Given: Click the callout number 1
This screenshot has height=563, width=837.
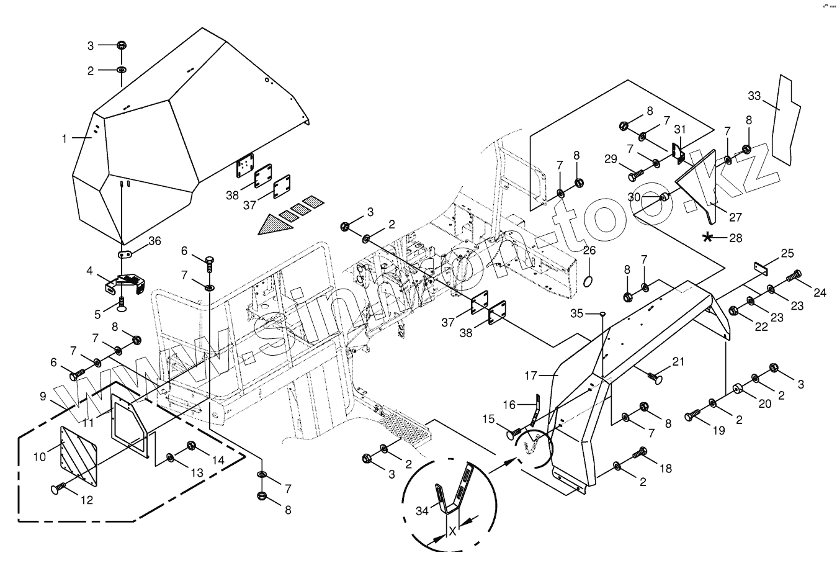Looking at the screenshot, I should click(x=64, y=139).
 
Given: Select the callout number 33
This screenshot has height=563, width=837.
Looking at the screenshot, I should click(x=754, y=96).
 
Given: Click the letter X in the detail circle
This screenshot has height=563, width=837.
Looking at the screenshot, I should click(x=453, y=531).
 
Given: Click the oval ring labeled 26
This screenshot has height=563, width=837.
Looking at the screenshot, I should click(x=588, y=284).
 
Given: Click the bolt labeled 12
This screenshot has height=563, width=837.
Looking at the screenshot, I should click(x=58, y=489).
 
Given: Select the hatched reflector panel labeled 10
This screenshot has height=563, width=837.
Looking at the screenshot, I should click(x=79, y=456).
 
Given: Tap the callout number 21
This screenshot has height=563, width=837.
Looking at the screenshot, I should click(x=678, y=361).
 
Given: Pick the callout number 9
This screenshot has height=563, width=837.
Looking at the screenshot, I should click(x=42, y=395).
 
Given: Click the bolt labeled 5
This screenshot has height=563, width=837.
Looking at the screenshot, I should click(x=120, y=302).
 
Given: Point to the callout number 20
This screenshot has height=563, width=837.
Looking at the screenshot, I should click(x=765, y=403).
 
